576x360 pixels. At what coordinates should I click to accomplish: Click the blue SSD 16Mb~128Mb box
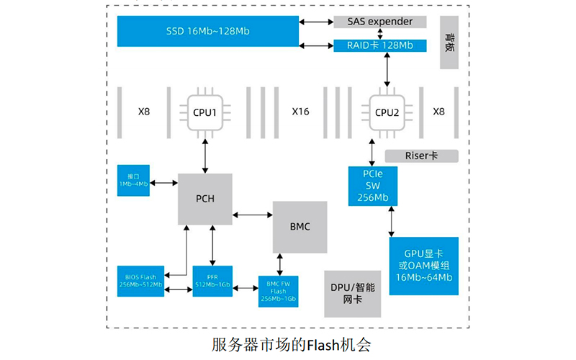(x=209, y=32)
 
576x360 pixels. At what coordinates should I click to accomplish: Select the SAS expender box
(x=379, y=22)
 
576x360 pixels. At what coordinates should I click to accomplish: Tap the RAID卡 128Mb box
(x=379, y=45)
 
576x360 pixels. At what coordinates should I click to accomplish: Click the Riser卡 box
(x=421, y=156)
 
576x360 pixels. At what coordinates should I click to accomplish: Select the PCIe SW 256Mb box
(x=372, y=186)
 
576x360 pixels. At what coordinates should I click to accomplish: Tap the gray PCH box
(x=205, y=198)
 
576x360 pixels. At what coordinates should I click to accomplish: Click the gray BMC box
(x=300, y=227)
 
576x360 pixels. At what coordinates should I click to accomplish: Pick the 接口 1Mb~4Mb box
(x=132, y=179)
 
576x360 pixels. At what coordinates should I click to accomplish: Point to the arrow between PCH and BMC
(x=252, y=214)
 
